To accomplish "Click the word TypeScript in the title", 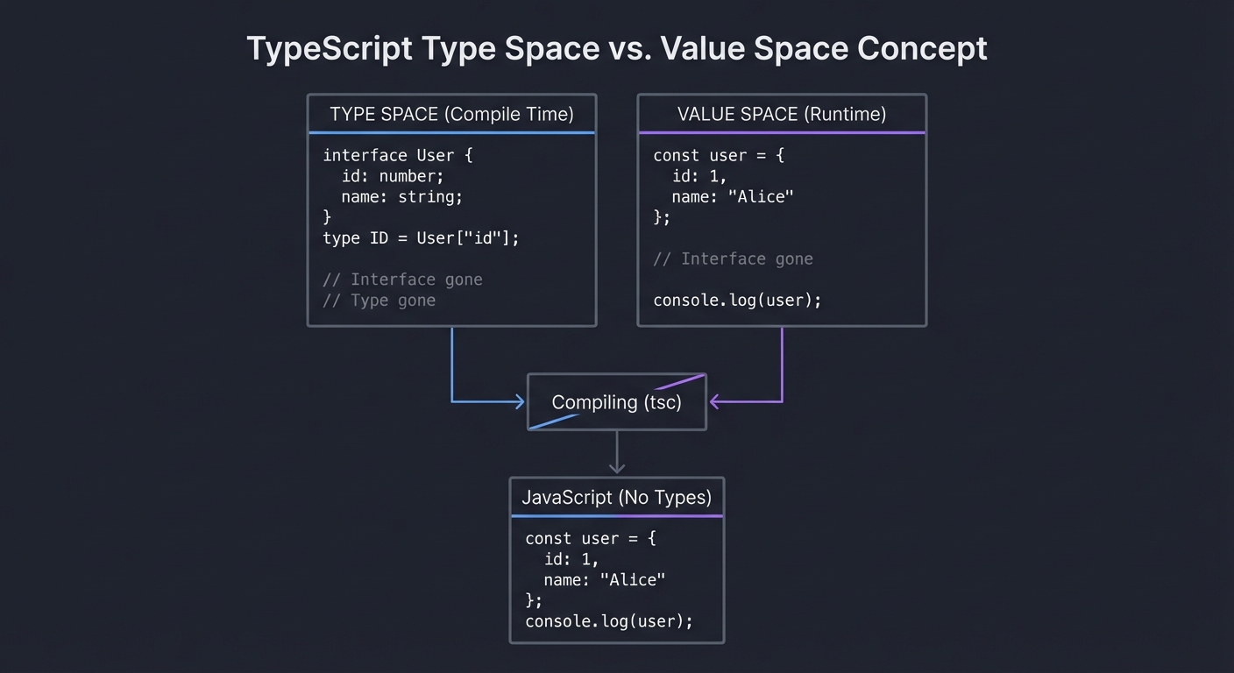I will (x=329, y=48).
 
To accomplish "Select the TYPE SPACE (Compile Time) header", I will (x=451, y=114).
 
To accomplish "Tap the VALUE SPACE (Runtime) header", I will (x=781, y=114).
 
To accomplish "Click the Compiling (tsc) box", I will (x=616, y=402).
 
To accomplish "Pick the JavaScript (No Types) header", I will (x=616, y=498).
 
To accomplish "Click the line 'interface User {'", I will (x=398, y=155).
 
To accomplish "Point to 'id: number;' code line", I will (x=393, y=176).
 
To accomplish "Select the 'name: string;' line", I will (x=401, y=196).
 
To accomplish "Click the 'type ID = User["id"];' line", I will (x=421, y=237).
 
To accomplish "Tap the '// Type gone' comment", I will (x=379, y=300).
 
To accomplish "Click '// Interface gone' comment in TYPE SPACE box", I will (x=402, y=280).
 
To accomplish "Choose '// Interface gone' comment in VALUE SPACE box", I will (x=733, y=259).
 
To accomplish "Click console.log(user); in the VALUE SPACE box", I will (x=737, y=300).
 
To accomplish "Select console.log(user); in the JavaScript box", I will (x=609, y=621).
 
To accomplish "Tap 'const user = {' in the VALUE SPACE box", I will (x=719, y=155).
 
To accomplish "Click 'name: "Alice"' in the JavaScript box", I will (x=604, y=579).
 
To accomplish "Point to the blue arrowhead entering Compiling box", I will (x=519, y=402).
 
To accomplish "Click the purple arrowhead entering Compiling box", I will (x=714, y=402).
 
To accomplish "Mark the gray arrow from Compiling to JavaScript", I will (x=617, y=453).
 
